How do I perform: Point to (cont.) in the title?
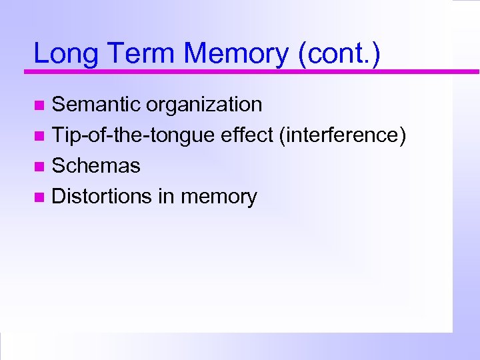(340, 54)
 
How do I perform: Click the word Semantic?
(97, 105)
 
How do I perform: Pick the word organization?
(205, 105)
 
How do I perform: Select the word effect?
(247, 135)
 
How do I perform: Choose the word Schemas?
(96, 166)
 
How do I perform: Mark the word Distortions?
(103, 197)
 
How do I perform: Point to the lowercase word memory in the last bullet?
(219, 197)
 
